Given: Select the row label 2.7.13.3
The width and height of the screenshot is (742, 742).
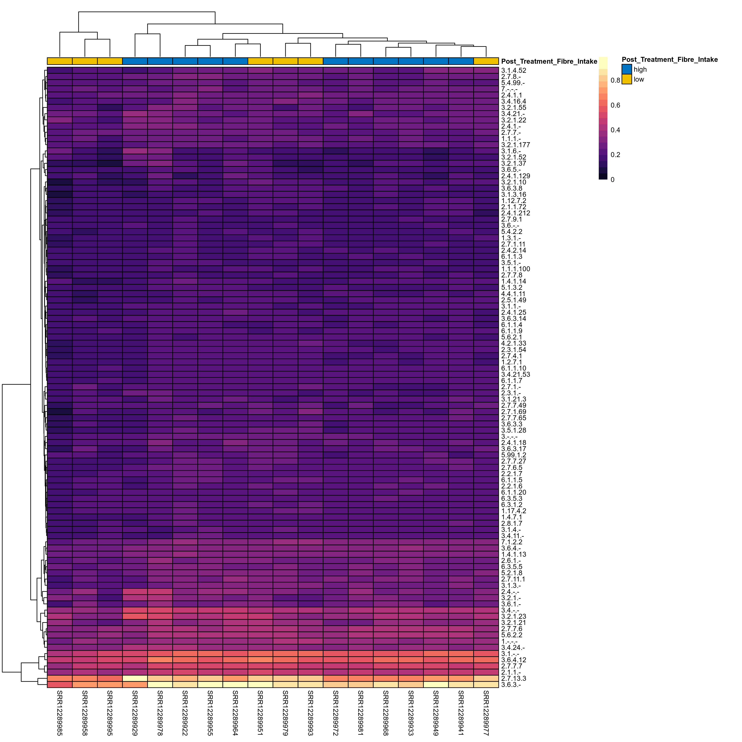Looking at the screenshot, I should coord(513,679).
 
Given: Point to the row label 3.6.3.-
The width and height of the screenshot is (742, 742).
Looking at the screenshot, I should coord(511,685).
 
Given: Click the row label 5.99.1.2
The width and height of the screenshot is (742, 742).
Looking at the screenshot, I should coord(513,455).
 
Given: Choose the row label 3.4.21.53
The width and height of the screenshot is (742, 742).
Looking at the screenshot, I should coord(515,375).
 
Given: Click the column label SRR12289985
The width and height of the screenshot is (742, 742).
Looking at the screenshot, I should coord(60,713).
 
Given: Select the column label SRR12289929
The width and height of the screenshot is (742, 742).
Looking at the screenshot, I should coord(135,713).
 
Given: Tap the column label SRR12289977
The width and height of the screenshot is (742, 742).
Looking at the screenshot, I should coord(486,713).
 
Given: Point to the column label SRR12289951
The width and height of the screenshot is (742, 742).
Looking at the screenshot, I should coord(260,713).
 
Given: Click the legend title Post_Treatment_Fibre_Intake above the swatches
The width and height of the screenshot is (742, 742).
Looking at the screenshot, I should coord(669,60).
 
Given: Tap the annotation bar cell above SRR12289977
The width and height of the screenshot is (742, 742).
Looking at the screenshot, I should coord(486,61).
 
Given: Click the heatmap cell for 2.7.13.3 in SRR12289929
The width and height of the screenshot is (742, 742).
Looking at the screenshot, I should coord(135,679).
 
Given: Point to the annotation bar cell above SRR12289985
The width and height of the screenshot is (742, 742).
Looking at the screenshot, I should coord(60,61).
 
